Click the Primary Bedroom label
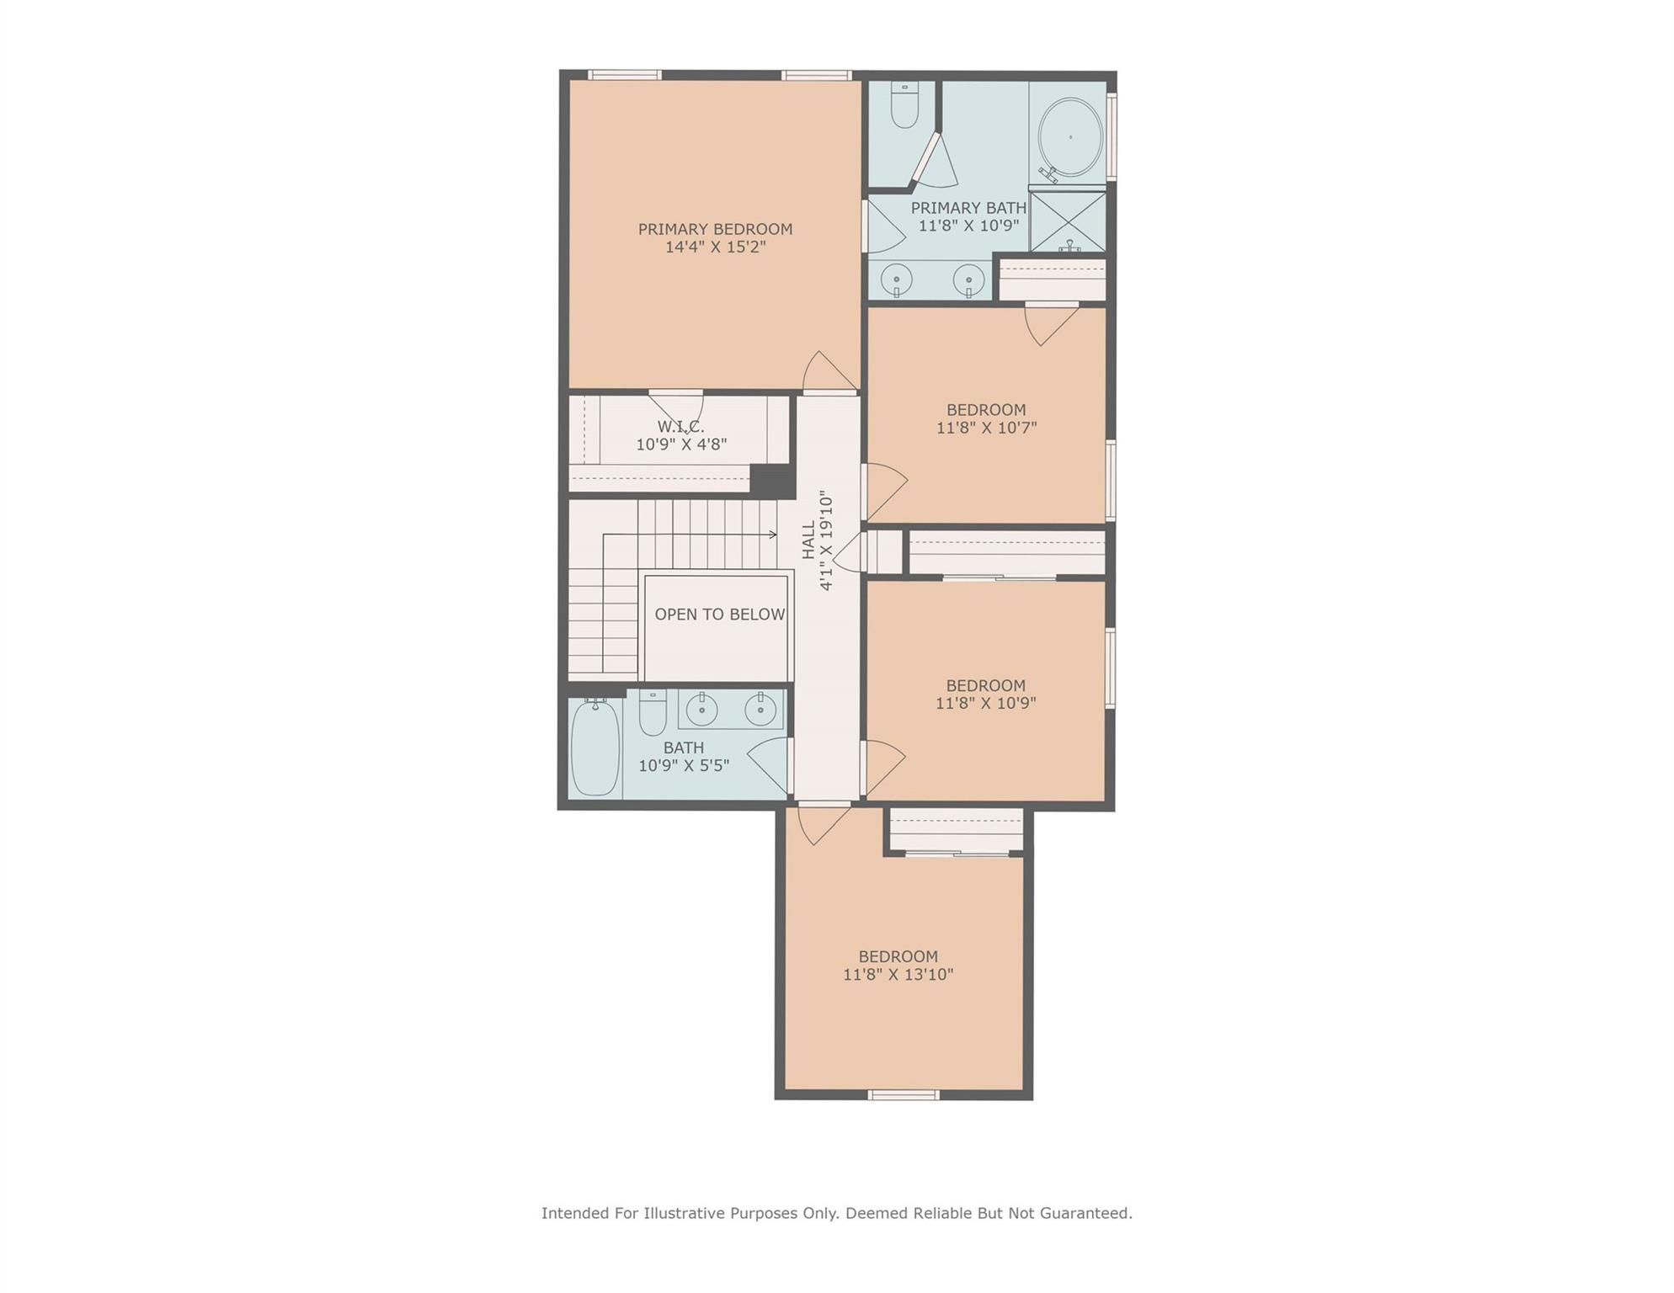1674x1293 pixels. click(x=715, y=229)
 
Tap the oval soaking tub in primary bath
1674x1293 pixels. click(x=1069, y=137)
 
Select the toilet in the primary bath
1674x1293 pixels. click(x=904, y=107)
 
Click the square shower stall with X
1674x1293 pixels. click(x=1068, y=221)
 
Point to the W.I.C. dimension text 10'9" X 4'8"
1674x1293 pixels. click(x=681, y=444)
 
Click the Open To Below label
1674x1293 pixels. click(x=719, y=615)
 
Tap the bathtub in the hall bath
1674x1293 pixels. click(x=595, y=747)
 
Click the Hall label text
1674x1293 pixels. click(x=808, y=540)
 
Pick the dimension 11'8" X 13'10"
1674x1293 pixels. click(x=898, y=975)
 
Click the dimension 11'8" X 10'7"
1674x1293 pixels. click(x=986, y=428)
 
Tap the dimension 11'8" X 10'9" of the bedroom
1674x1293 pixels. click(x=985, y=703)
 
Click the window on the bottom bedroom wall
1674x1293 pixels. click(x=904, y=1095)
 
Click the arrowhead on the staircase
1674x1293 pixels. click(x=772, y=535)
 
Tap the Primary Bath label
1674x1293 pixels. click(x=968, y=208)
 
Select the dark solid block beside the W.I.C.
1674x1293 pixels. click(x=772, y=482)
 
